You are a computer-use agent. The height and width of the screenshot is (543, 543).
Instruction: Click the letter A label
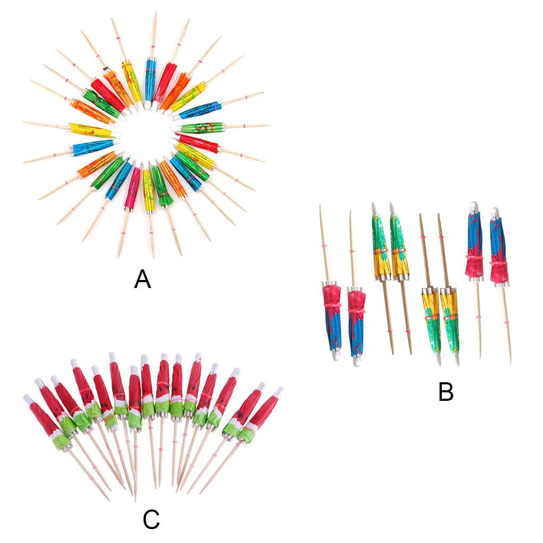point(142,279)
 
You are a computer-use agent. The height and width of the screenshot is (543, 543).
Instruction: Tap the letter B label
point(445,392)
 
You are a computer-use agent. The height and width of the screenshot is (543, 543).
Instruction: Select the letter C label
point(151,519)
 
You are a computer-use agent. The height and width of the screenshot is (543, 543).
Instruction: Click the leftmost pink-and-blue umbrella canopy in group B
point(332,317)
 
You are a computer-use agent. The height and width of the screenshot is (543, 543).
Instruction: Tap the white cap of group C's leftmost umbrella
point(27,399)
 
